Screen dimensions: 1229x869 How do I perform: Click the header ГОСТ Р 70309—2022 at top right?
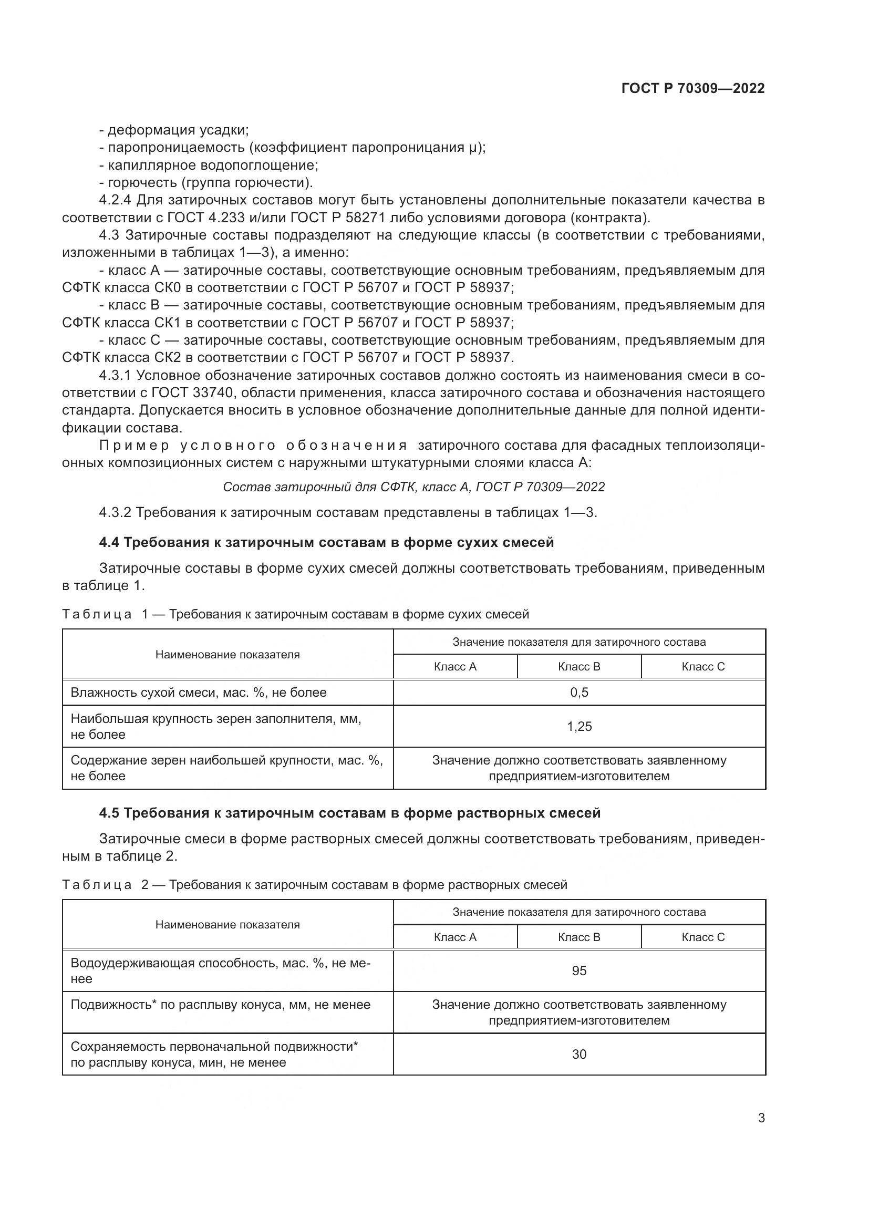(693, 88)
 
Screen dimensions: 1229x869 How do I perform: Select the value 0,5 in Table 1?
(579, 692)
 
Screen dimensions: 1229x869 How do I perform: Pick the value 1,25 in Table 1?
(579, 726)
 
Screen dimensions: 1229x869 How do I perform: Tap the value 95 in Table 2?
(579, 970)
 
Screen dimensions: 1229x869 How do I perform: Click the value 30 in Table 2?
(579, 1054)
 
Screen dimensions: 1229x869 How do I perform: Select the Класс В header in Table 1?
(579, 666)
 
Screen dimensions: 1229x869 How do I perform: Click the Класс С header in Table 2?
(702, 937)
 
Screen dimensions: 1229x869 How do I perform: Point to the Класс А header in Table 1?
(455, 666)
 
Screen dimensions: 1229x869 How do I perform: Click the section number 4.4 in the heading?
(109, 542)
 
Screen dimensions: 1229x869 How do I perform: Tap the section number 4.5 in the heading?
(109, 813)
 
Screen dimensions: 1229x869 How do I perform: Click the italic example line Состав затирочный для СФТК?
(413, 487)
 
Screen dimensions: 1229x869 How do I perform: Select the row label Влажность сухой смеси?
(198, 692)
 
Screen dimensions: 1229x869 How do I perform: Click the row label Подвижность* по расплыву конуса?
(221, 1005)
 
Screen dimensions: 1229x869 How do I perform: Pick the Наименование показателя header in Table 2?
(227, 924)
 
